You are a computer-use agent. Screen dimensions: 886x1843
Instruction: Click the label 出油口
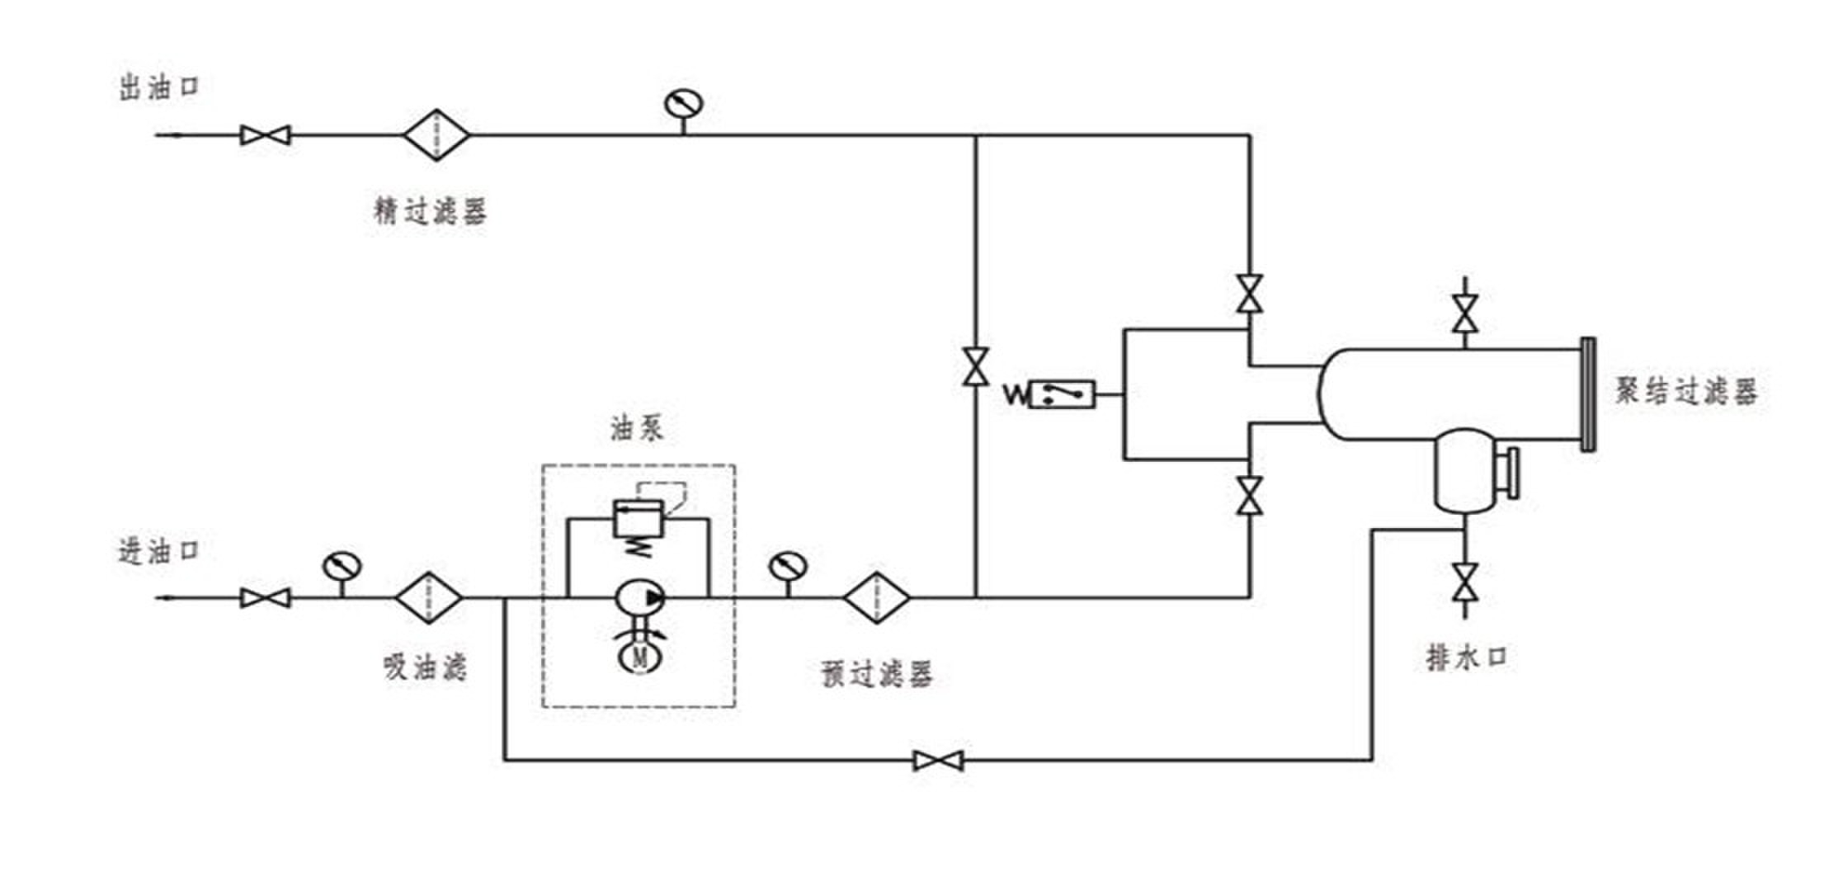pyautogui.click(x=160, y=87)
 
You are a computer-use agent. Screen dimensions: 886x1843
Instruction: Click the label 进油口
pyautogui.click(x=160, y=550)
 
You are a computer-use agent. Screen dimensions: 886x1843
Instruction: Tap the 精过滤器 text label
pyautogui.click(x=430, y=211)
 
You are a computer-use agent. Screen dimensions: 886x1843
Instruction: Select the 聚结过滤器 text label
pyautogui.click(x=1685, y=391)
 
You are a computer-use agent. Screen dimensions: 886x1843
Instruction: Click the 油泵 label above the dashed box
pyautogui.click(x=636, y=428)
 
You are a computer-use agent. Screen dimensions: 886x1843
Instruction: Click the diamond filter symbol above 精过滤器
pyautogui.click(x=436, y=134)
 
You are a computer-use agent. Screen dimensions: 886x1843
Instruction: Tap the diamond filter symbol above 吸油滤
pyautogui.click(x=429, y=597)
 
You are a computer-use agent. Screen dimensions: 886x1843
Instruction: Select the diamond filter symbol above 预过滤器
pyautogui.click(x=876, y=597)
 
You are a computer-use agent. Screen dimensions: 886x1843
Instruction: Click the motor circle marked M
pyautogui.click(x=640, y=657)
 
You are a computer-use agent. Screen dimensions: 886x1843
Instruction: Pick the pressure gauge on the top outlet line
pyautogui.click(x=683, y=105)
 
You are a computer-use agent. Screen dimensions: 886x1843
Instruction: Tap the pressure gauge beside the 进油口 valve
pyautogui.click(x=342, y=567)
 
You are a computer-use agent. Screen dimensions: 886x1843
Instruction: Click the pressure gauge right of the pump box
pyautogui.click(x=788, y=567)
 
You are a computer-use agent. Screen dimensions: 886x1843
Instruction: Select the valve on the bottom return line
pyautogui.click(x=938, y=760)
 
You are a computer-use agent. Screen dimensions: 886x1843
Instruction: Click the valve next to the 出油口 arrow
pyautogui.click(x=265, y=134)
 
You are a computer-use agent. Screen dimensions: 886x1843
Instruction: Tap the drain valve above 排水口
pyautogui.click(x=1465, y=582)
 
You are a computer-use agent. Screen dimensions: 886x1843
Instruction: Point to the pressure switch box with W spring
pyautogui.click(x=1063, y=394)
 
